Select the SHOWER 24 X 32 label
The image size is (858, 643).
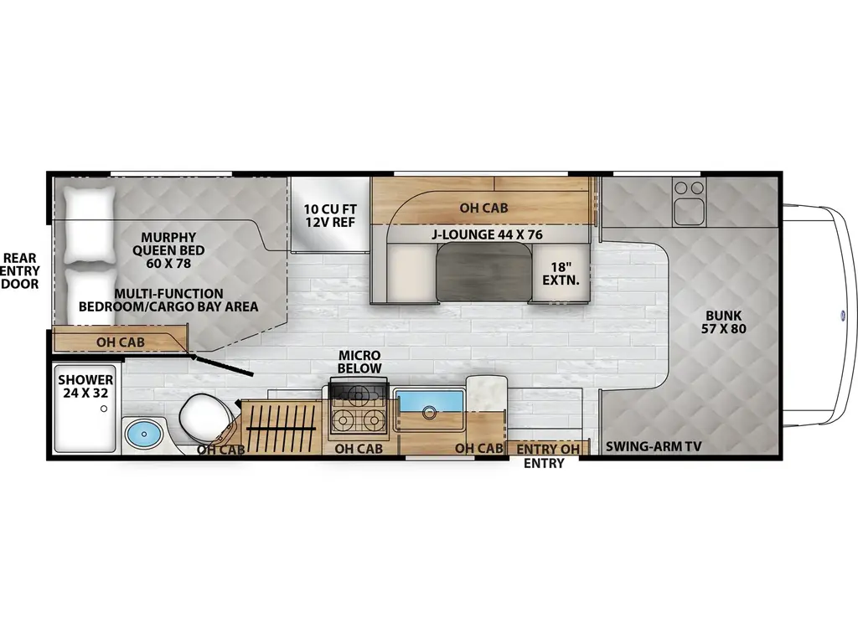(x=86, y=386)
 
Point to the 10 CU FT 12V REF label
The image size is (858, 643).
(x=330, y=215)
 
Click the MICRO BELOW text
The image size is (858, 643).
(x=359, y=362)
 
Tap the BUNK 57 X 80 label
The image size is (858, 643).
(x=723, y=322)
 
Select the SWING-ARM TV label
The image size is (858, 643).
(x=654, y=447)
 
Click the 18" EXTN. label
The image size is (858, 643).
(x=561, y=274)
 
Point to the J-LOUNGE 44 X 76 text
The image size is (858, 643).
(x=487, y=234)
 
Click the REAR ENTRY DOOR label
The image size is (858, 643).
(x=20, y=270)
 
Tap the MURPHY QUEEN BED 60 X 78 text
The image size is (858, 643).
(x=168, y=249)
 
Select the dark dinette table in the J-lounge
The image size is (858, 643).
(x=484, y=272)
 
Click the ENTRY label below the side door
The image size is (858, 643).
(x=544, y=463)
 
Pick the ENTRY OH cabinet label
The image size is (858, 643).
(x=548, y=449)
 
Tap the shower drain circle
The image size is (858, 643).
(x=103, y=409)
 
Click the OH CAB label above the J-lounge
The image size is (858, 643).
(x=483, y=208)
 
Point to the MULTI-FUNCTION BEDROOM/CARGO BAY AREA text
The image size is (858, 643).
(x=168, y=301)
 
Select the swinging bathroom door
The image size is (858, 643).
(x=221, y=365)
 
